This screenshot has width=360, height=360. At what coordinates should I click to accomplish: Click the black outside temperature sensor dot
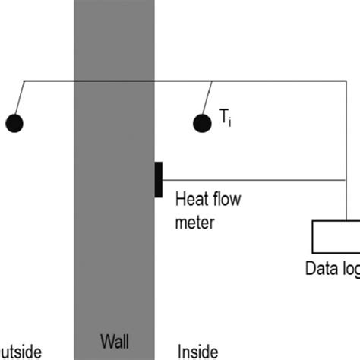[14, 122]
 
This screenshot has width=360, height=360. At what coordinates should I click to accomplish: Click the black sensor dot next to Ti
[201, 122]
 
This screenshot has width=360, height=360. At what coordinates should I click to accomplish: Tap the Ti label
[226, 117]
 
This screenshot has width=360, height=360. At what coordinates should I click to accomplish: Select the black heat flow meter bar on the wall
[158, 180]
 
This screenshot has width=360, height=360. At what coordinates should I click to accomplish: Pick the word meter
[196, 223]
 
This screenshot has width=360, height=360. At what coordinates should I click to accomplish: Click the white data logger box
[336, 236]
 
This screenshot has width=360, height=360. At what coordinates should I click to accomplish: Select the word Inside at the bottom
[197, 351]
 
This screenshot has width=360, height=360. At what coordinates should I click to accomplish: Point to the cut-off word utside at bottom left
[21, 351]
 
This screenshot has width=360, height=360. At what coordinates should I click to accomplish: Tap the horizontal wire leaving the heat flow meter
[251, 180]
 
